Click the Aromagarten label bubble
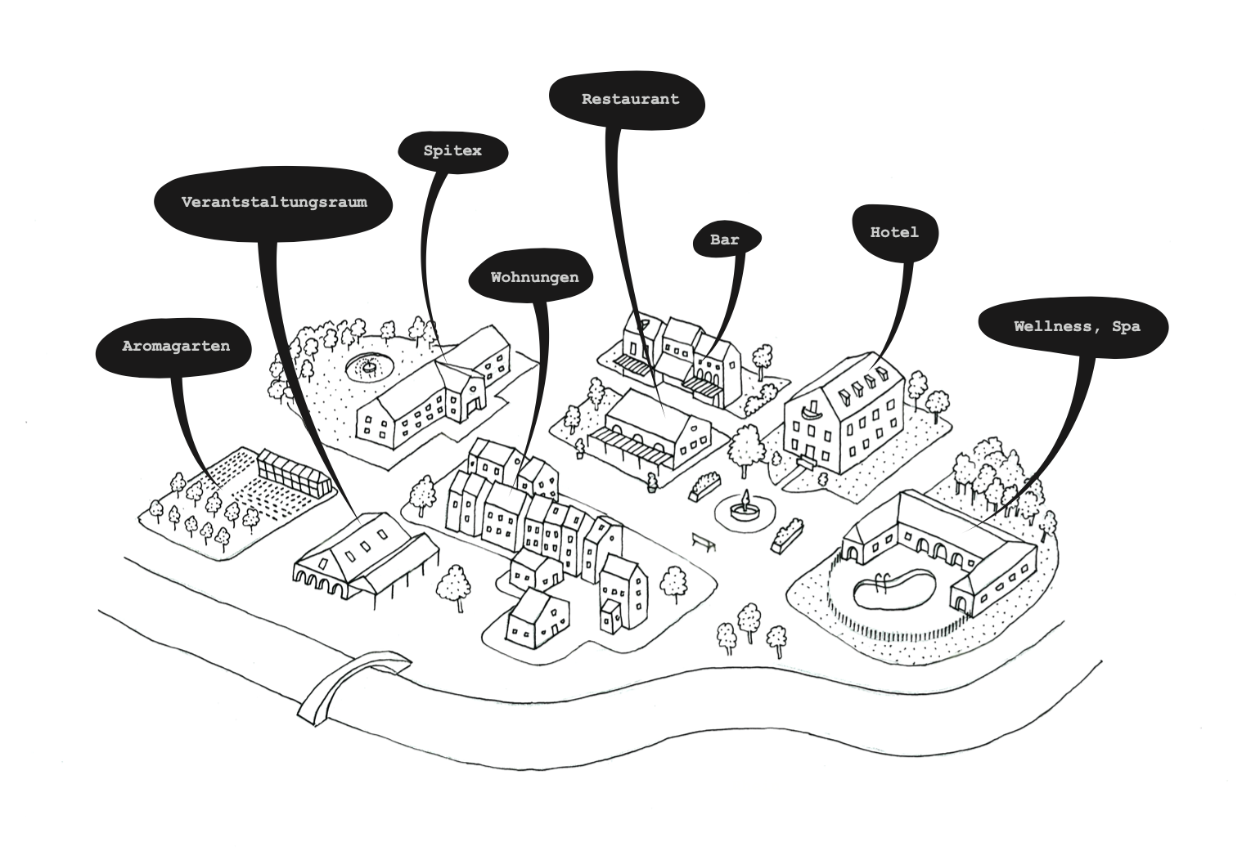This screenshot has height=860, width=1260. [x=175, y=347]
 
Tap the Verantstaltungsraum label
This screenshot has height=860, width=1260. [x=273, y=202]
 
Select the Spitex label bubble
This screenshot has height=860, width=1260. [x=452, y=151]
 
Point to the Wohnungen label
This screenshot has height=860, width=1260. [x=533, y=278]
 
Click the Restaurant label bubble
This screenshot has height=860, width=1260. [x=629, y=100]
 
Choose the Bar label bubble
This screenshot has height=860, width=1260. [x=725, y=240]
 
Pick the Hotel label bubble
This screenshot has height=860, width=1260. [x=893, y=233]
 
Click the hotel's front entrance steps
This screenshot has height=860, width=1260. [x=807, y=463]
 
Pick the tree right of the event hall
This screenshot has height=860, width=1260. [x=453, y=585]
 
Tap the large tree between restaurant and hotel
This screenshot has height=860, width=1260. [x=745, y=448]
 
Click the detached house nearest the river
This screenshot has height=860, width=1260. [x=537, y=620]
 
